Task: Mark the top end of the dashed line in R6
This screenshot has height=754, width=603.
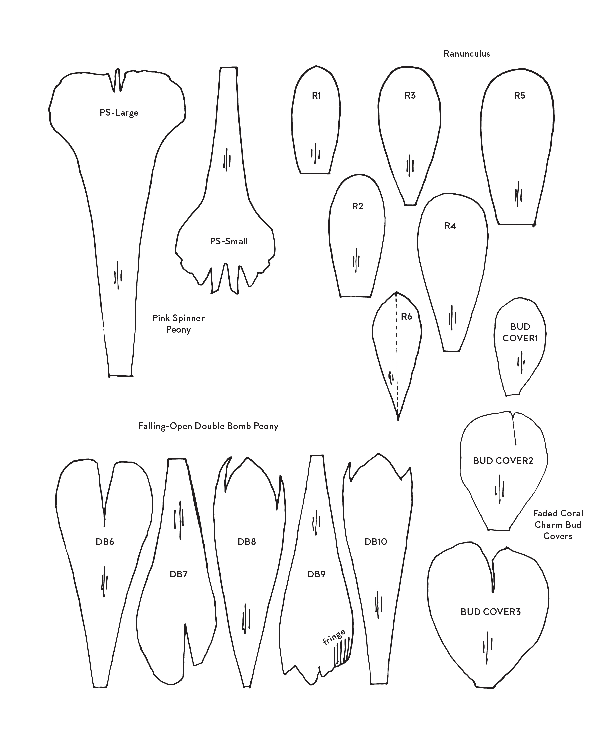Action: coord(396,292)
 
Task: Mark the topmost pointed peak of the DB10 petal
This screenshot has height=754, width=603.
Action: coord(378,454)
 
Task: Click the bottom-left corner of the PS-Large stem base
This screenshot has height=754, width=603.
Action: coord(109,376)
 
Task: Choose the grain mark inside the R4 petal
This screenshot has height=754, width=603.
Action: coord(452,317)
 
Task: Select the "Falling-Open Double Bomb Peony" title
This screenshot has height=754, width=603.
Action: coord(208,426)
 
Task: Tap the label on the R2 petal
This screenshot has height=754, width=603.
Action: coord(358,206)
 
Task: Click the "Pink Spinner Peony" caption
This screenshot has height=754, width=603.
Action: coord(178,324)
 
